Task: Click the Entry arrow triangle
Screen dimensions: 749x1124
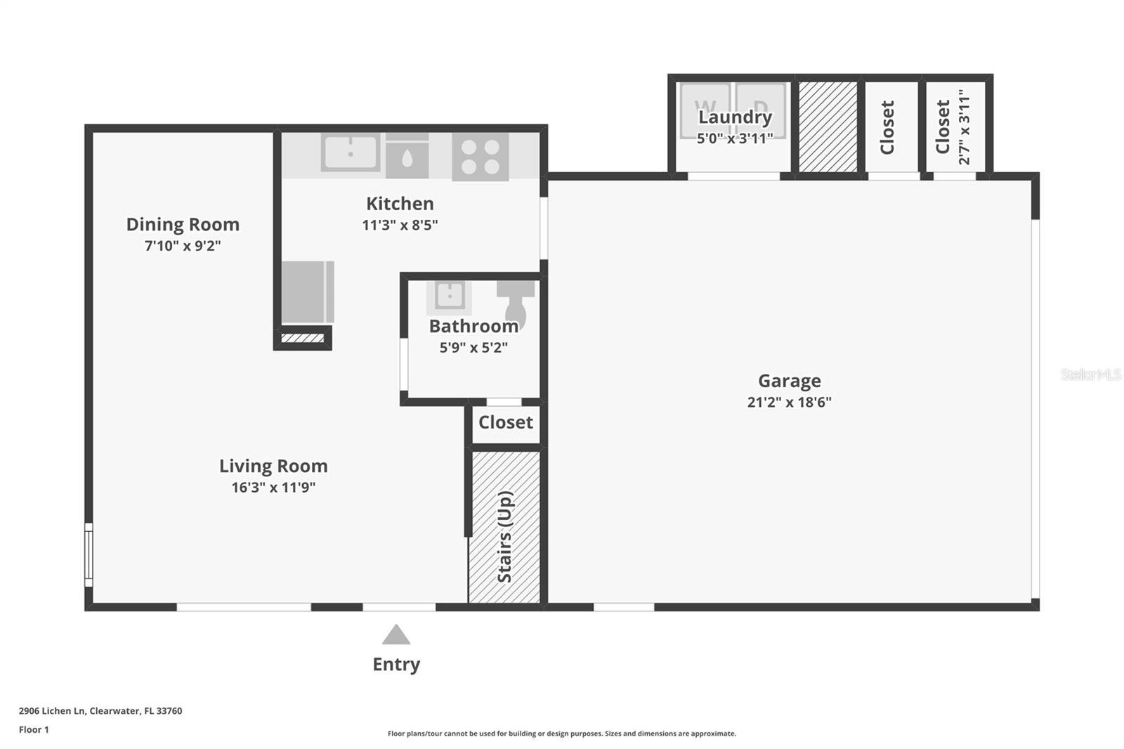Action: coord(396,635)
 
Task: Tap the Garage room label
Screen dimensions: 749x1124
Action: coord(789,381)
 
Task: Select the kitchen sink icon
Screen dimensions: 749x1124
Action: coord(350,152)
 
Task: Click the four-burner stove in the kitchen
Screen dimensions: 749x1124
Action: coord(481,157)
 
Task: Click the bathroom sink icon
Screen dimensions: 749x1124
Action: coord(449,295)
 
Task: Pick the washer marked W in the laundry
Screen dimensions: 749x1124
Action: coord(705,110)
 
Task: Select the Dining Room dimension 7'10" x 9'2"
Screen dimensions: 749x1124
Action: coord(183,246)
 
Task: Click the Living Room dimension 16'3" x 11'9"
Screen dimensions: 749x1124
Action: coord(273,488)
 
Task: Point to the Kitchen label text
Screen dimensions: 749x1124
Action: coord(400,204)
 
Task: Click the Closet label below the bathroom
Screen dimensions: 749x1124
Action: coord(505,422)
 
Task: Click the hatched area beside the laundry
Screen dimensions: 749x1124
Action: coord(828,126)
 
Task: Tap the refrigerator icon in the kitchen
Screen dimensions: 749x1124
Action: coord(307,292)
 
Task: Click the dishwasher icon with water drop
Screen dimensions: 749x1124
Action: coord(407,156)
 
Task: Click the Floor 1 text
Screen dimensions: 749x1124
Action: coord(34,730)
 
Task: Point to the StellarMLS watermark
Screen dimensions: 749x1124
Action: coord(1090,374)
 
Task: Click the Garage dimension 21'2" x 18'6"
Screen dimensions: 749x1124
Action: coord(789,403)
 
